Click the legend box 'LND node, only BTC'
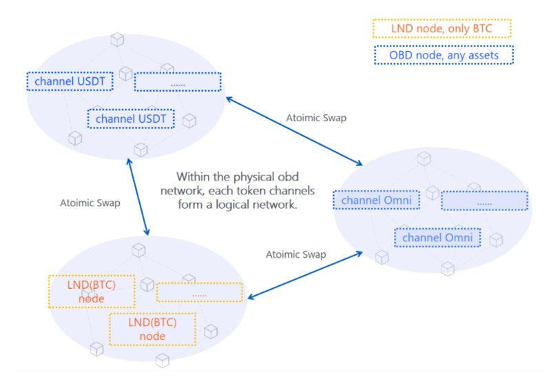point(441,28)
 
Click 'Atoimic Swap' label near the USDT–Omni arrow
point(316,118)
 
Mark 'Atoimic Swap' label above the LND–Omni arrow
point(296,254)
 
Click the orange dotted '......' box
point(200,292)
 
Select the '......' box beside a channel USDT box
point(178,81)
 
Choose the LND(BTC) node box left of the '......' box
point(91,292)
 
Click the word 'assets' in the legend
point(481,54)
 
